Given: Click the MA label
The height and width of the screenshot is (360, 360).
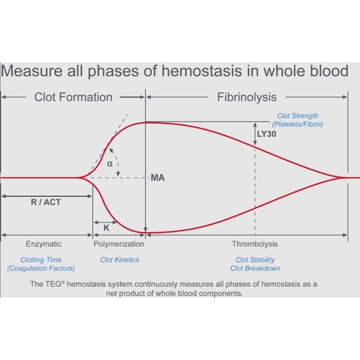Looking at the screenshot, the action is [x=158, y=178].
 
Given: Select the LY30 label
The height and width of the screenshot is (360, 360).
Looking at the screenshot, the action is [x=266, y=134].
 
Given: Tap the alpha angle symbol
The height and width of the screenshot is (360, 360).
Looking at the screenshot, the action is [x=110, y=164].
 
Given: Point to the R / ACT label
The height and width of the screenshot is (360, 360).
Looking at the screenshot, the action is [x=46, y=202].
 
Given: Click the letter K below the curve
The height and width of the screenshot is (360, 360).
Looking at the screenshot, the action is [x=106, y=228].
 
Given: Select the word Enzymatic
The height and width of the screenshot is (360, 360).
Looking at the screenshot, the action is [x=44, y=244].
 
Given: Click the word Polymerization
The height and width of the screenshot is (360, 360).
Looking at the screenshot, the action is [x=119, y=244].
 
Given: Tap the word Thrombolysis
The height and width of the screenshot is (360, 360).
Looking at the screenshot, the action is [x=255, y=244].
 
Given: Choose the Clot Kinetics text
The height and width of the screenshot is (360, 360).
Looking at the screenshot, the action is [x=119, y=260].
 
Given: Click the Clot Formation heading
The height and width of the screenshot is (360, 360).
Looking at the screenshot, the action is [x=73, y=97].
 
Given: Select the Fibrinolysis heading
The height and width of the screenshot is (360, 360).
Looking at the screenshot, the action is [x=247, y=97].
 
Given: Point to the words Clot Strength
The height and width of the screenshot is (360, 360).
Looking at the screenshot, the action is [x=298, y=116].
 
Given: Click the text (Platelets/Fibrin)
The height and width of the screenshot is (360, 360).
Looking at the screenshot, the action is [x=298, y=124].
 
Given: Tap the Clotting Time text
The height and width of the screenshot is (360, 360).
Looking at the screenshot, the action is [x=41, y=260].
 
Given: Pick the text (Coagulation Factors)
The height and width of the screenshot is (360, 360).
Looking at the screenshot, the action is [x=41, y=268].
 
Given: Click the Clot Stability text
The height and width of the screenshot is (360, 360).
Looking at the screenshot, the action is [x=255, y=260].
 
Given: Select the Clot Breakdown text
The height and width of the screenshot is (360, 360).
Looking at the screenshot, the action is [x=255, y=268].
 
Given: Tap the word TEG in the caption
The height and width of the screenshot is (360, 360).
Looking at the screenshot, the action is [x=53, y=284].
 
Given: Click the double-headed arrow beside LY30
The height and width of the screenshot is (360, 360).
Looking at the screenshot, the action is [x=255, y=134].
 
